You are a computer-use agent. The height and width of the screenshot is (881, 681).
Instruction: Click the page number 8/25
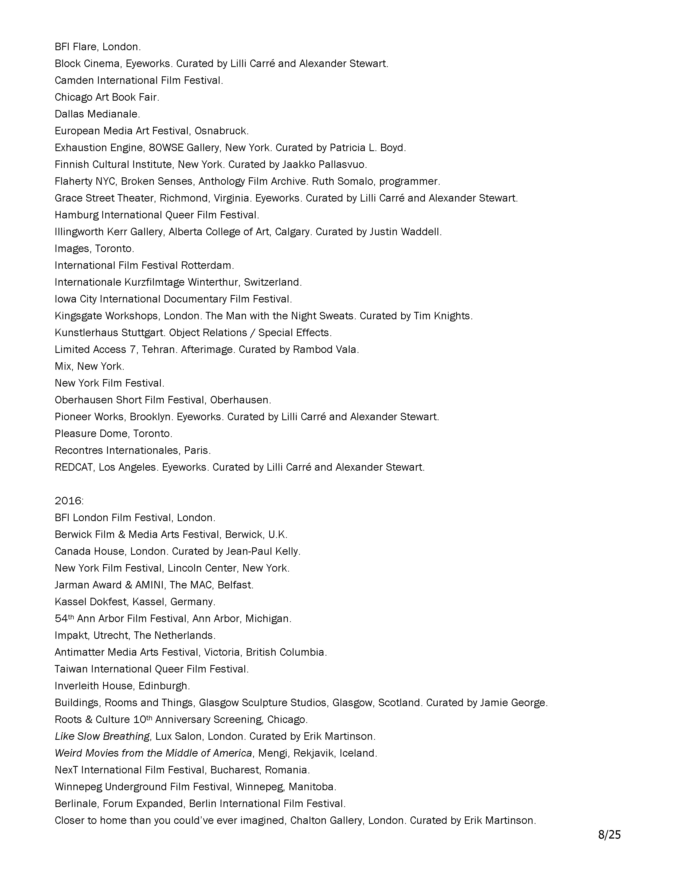click(x=609, y=834)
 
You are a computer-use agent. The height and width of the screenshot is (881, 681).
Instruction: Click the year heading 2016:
click(x=69, y=501)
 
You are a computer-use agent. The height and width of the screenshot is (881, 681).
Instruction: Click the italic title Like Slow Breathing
click(x=102, y=736)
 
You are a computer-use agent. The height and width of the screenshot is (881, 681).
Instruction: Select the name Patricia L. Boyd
click(x=367, y=148)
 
